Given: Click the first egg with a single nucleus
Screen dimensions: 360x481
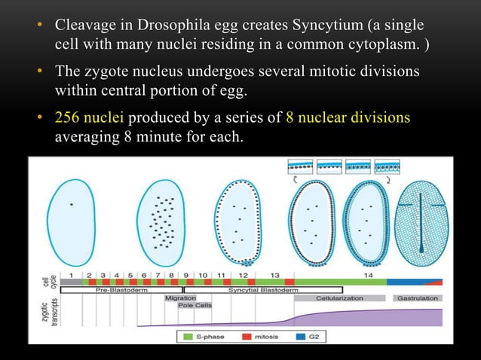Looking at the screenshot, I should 71,215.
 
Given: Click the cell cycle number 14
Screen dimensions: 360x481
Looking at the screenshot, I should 367,276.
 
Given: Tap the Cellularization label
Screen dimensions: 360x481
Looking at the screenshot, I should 339,298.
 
